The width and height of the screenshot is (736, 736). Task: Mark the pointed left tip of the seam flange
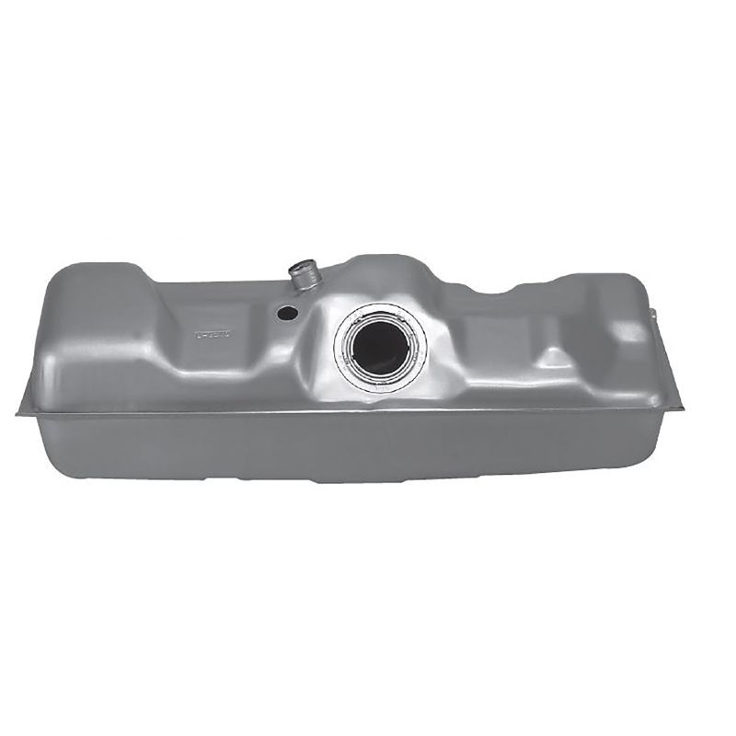click(x=19, y=413)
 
